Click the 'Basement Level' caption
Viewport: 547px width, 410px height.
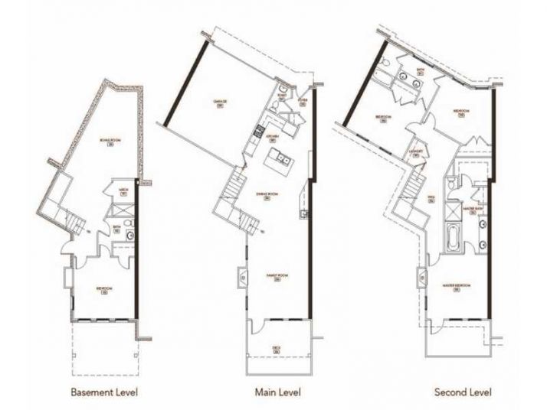pyautogui.click(x=104, y=393)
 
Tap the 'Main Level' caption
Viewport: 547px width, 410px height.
pyautogui.click(x=277, y=393)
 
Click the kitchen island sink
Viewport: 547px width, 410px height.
pyautogui.click(x=280, y=161)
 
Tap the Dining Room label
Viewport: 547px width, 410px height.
pyautogui.click(x=267, y=196)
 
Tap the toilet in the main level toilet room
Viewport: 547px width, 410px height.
pyautogui.click(x=283, y=93)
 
